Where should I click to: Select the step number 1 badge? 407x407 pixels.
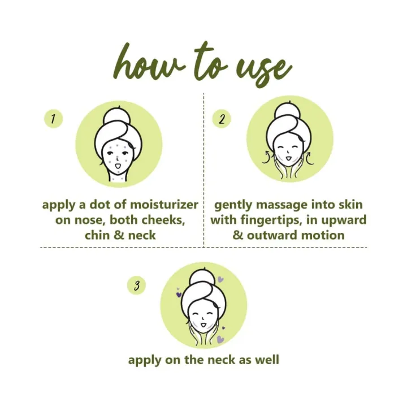(53, 119)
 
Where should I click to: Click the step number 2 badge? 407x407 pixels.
(222, 119)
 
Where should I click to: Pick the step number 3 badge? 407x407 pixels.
(137, 286)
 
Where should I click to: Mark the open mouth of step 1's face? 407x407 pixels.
(118, 166)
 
